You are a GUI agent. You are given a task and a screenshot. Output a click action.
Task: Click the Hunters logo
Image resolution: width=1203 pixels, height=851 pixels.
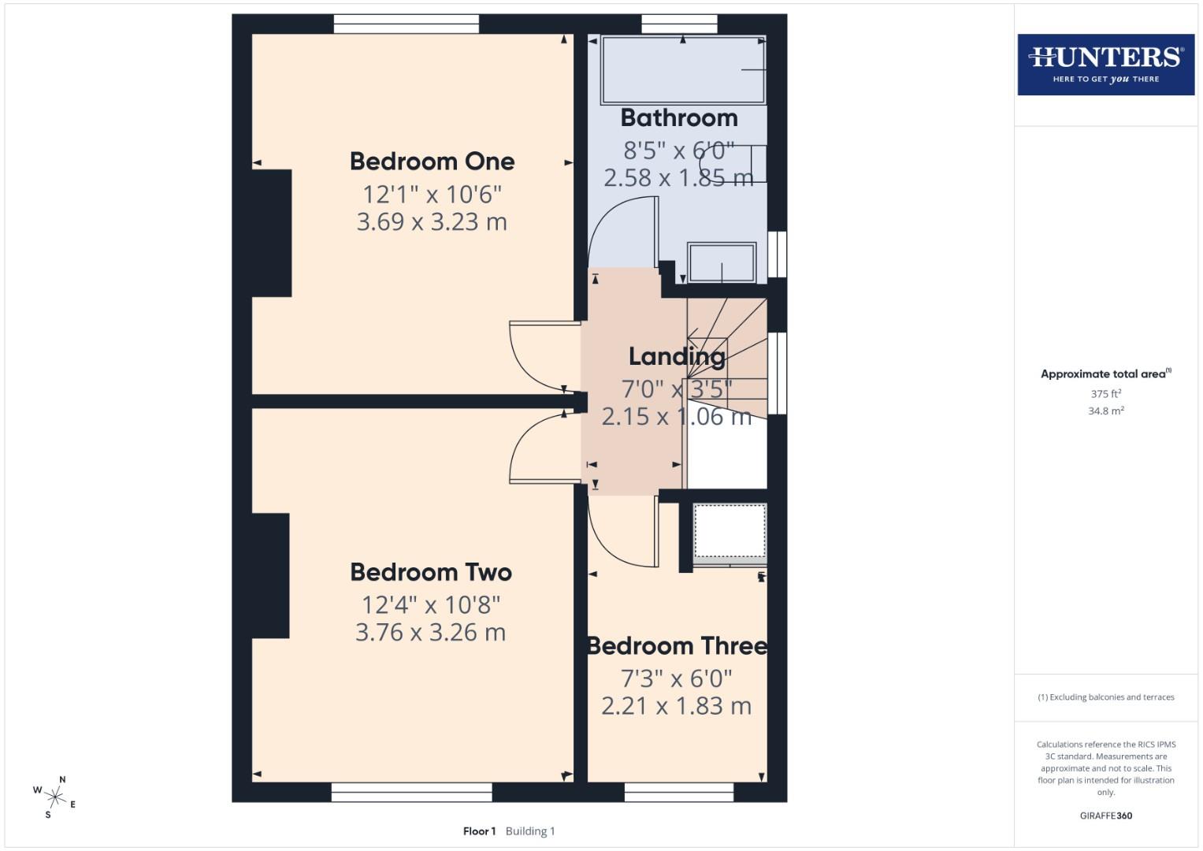tap(1105, 64)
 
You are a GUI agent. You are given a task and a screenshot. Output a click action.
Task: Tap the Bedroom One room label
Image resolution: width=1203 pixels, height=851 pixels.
tap(432, 162)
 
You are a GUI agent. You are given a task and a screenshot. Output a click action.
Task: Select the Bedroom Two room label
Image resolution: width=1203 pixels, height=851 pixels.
tap(431, 572)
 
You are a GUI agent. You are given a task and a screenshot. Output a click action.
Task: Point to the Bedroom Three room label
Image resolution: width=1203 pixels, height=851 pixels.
tap(677, 646)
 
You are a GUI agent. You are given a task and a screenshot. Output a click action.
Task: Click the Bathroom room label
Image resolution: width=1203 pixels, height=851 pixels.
tap(679, 118)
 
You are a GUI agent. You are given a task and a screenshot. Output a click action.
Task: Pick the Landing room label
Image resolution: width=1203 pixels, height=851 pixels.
tap(677, 357)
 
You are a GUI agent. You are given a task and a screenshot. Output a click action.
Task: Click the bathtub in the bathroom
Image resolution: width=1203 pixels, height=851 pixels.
tap(683, 70)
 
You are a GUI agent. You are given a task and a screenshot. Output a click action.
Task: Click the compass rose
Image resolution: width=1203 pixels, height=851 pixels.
tap(54, 797)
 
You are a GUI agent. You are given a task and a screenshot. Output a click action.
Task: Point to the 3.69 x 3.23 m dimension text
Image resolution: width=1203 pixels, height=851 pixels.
tap(432, 222)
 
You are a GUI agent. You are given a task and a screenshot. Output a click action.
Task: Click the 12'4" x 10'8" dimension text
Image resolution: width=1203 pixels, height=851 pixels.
tap(431, 605)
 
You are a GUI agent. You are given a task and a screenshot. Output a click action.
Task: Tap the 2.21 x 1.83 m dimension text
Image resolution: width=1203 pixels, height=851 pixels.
tap(676, 706)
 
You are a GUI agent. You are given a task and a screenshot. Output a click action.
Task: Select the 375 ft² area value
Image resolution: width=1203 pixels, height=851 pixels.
tap(1105, 394)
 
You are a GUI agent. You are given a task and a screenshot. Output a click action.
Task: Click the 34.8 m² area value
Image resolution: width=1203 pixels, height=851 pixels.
tap(1105, 411)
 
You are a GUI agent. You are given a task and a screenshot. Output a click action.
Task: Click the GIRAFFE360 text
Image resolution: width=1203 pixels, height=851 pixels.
tap(1105, 816)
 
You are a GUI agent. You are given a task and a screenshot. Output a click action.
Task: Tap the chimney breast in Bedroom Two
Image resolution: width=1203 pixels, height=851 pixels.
tap(270, 575)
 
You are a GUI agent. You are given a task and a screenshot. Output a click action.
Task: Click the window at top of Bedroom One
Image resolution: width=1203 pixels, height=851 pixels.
tap(406, 24)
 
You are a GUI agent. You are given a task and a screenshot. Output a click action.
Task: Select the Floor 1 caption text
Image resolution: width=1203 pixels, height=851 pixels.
tap(479, 831)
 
